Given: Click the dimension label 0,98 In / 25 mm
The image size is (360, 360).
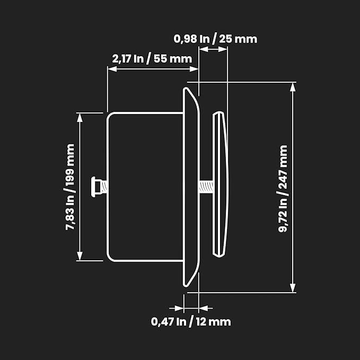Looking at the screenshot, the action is coord(215,39).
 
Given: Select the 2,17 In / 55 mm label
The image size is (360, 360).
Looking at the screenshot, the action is coord(152,59).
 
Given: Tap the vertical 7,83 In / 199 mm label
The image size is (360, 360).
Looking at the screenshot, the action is coord(70,187).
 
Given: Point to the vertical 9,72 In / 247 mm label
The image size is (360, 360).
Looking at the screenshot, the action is coord(283,189).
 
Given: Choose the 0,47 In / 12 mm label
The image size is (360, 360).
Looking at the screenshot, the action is coord(191,322).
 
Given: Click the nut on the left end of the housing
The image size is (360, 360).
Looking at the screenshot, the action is coord(96,187).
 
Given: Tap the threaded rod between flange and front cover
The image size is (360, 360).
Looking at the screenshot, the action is coord(206,187).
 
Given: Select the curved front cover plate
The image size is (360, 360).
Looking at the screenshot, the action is coord(221,184).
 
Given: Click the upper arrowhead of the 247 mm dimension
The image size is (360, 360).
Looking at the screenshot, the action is coord(293,87).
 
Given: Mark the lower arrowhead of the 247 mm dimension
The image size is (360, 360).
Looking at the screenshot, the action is coord(293,288).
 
